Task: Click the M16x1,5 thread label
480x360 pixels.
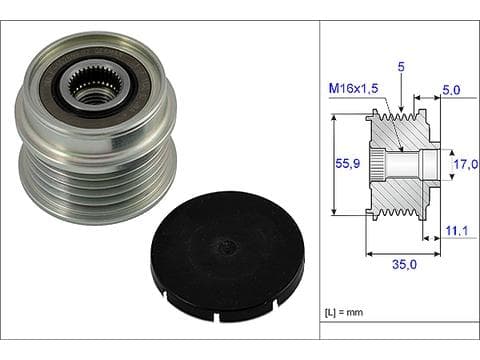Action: point(353,88)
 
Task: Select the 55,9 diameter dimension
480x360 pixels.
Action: point(348,163)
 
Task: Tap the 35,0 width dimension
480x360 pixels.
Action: point(404,264)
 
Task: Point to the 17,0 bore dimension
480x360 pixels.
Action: point(466,164)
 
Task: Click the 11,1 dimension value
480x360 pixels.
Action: point(457,231)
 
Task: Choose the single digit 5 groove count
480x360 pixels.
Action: point(401,67)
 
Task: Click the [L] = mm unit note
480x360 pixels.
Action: point(344,313)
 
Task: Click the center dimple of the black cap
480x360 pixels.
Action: point(226,246)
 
